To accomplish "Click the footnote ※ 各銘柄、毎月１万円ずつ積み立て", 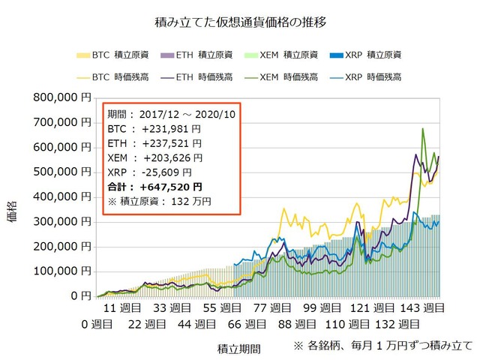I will coord(382,346).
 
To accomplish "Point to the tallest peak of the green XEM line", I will coord(423,129).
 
